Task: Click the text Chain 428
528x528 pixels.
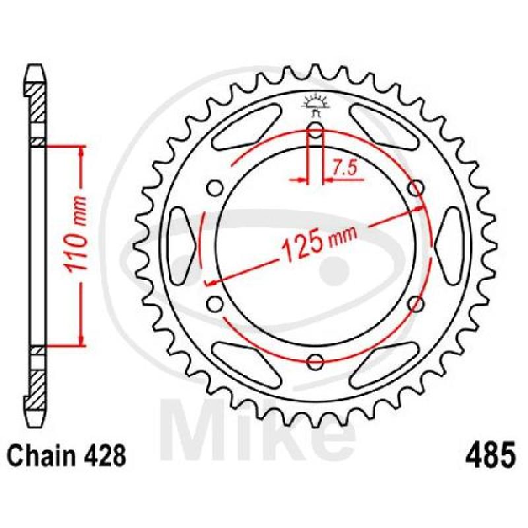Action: click(x=67, y=456)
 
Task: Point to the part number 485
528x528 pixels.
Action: click(x=490, y=455)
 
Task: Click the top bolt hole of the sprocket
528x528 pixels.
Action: click(x=315, y=130)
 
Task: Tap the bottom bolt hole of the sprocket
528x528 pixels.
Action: click(x=315, y=362)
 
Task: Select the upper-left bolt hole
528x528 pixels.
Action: click(x=214, y=188)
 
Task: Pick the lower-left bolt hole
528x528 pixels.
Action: click(x=214, y=304)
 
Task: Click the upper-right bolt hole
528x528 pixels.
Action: click(x=416, y=188)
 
